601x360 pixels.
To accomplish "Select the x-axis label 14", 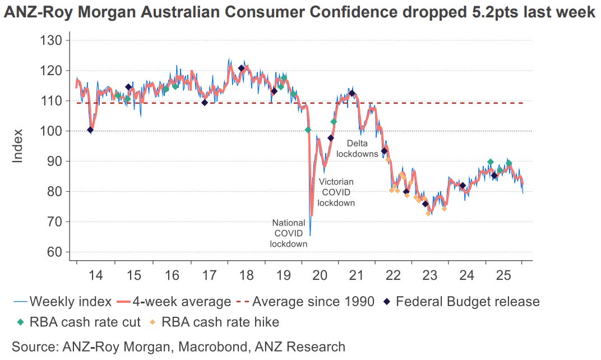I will pos(95,276).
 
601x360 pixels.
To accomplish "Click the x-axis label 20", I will pos(320,276).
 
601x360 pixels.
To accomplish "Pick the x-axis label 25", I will pos(503,276).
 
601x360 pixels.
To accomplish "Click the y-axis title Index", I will pos(18,146).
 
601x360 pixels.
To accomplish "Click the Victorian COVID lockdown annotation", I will pos(336,192).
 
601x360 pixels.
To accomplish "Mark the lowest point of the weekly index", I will pos(310,236).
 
